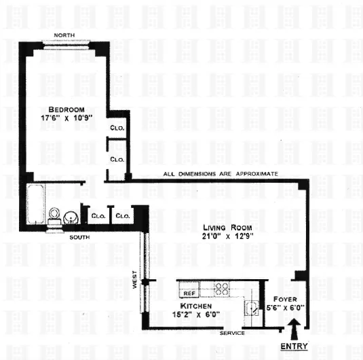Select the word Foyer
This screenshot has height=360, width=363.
283,298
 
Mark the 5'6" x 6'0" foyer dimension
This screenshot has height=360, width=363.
283,308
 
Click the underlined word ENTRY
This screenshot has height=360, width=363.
294,346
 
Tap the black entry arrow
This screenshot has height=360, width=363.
294,331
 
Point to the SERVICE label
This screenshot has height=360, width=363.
229,334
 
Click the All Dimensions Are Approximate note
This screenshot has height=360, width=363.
221,174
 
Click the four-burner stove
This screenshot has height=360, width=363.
221,289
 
